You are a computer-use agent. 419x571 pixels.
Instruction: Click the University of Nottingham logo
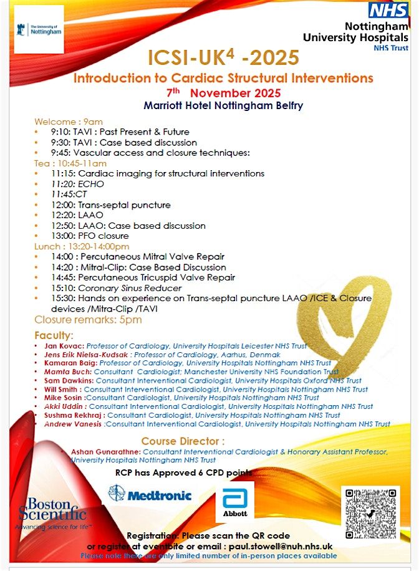point(39,29)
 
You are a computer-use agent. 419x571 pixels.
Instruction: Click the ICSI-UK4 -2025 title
point(223,58)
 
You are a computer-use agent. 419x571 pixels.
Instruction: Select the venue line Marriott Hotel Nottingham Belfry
point(223,105)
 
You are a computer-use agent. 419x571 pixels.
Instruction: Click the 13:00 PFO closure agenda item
point(90,236)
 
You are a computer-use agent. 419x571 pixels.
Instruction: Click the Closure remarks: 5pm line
point(88,320)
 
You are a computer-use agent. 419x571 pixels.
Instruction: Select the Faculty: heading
point(54,335)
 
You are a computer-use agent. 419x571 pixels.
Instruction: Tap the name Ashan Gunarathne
point(106,451)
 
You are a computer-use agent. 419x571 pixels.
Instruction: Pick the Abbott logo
point(235,502)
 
